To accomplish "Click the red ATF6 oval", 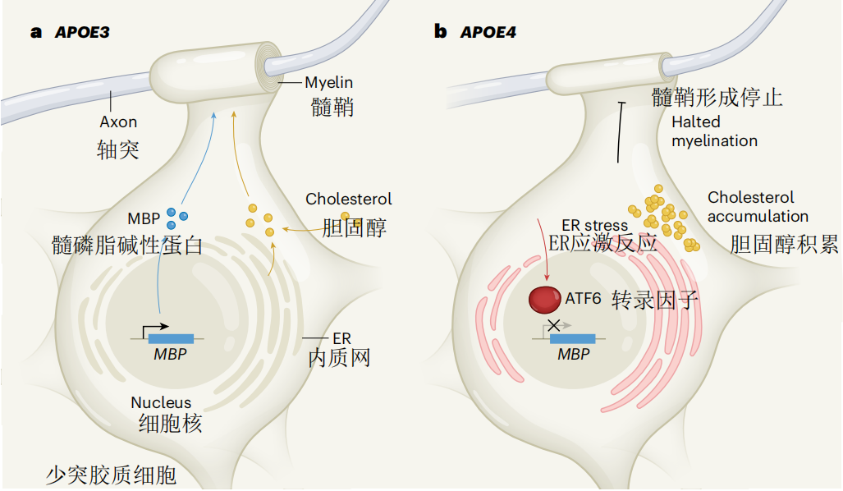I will tap(545, 299).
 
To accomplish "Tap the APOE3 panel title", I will tap(81, 33).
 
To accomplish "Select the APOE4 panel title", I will tap(488, 33).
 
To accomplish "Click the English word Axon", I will tap(118, 122).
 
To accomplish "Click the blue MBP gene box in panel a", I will tap(171, 337).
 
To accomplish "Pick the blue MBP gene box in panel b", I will tap(573, 337).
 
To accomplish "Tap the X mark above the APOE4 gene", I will tap(554, 325).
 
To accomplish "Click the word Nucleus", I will tap(161, 402).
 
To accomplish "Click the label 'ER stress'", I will tap(594, 225).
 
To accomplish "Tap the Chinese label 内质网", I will tap(340, 357).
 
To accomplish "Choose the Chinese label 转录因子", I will tap(655, 301).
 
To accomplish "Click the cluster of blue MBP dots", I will tap(176, 218).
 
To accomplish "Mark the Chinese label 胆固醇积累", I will tap(784, 244).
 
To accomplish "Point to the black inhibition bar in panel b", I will tap(622, 131).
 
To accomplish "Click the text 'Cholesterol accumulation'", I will tap(757, 207).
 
